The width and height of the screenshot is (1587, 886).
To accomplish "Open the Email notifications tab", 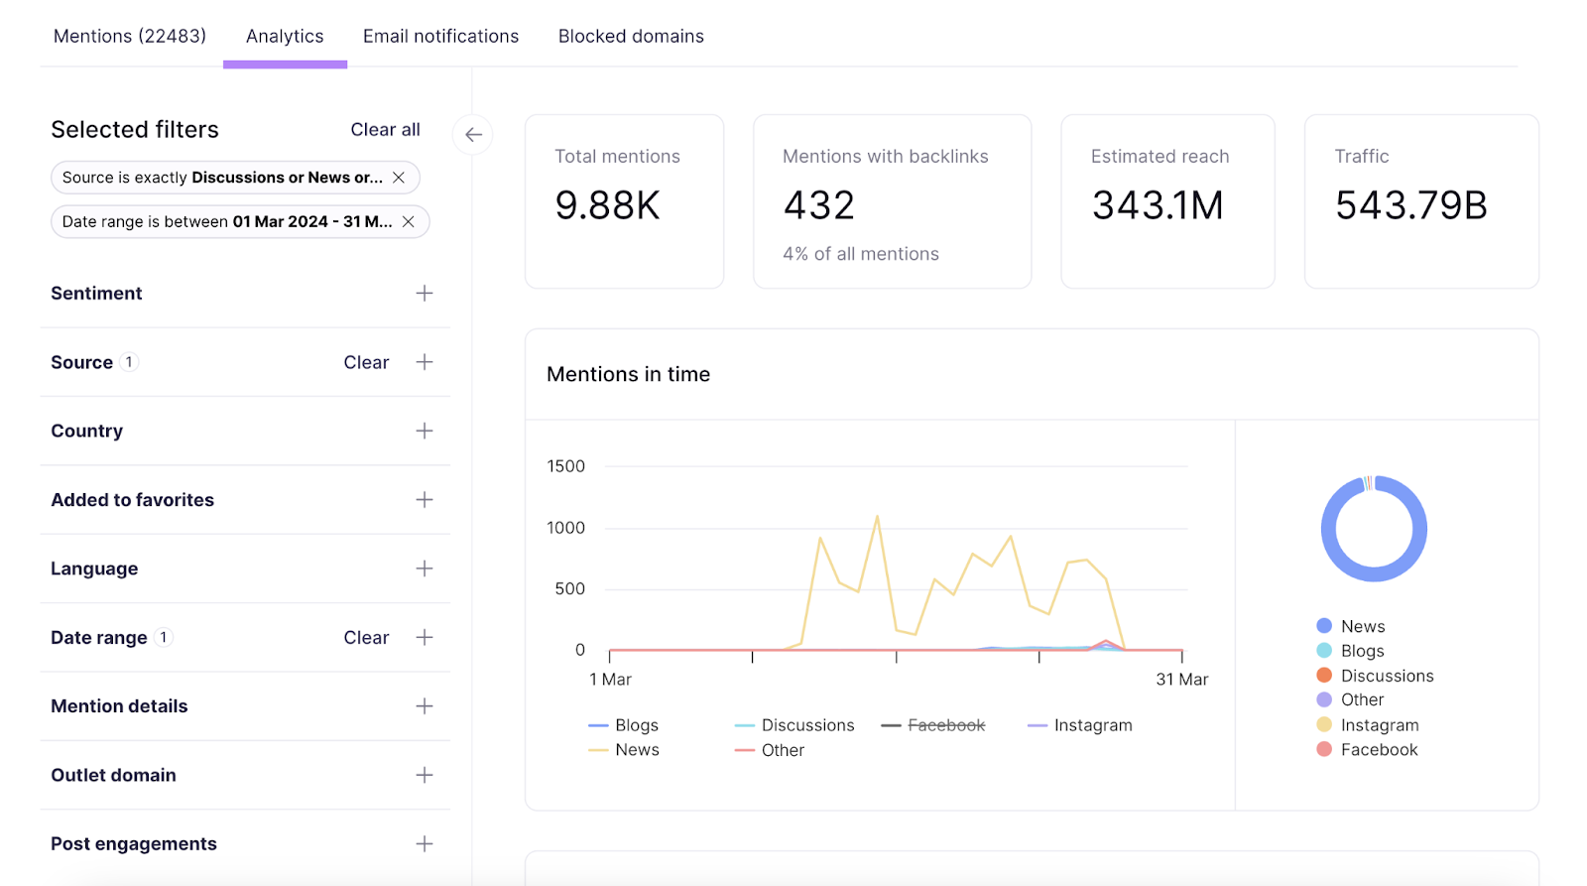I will (x=440, y=37).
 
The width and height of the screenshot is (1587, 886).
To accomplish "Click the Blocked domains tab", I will (x=631, y=37).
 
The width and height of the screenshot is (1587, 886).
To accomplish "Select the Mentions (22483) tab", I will (x=130, y=37).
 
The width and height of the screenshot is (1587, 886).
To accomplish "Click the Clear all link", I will (x=385, y=130).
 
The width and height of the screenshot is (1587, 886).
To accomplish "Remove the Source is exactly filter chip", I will (x=399, y=178).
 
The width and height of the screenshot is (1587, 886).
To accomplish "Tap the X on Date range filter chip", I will (x=408, y=221).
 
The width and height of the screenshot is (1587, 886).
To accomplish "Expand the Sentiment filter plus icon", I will (x=425, y=294).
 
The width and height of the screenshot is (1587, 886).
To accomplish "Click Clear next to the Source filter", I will (x=366, y=362).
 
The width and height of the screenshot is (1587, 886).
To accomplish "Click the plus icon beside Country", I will (x=425, y=431).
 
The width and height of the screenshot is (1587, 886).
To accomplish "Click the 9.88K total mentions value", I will (x=607, y=205).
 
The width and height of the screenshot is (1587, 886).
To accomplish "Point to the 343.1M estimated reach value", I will (x=1158, y=205).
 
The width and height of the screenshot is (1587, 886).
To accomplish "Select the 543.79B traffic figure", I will (x=1410, y=205).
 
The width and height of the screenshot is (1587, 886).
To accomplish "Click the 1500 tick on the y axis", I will (x=565, y=466).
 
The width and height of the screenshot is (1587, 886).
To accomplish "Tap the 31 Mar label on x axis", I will (x=1181, y=680).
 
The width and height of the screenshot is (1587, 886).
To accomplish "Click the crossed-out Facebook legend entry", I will (x=945, y=725).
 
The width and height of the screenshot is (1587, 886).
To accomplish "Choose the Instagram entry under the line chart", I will (x=1092, y=725).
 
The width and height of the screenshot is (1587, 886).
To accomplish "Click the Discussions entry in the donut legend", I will (x=1387, y=676).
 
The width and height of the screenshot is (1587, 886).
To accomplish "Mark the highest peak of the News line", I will (x=877, y=516).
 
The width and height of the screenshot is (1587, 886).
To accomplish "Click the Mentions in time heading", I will (x=628, y=374).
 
